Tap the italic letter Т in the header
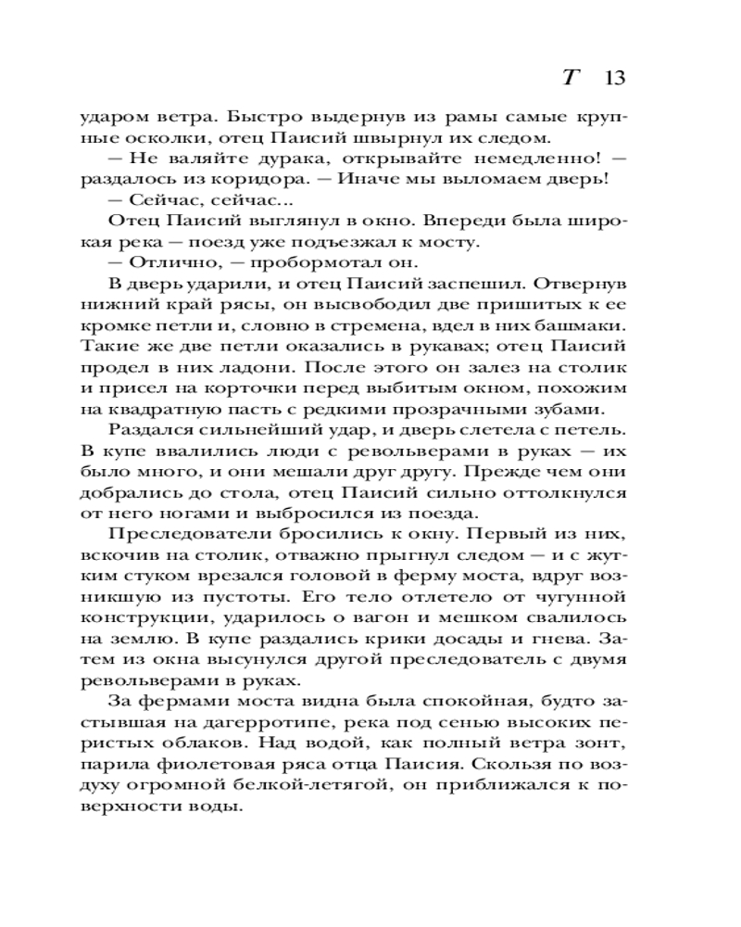coord(571,77)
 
